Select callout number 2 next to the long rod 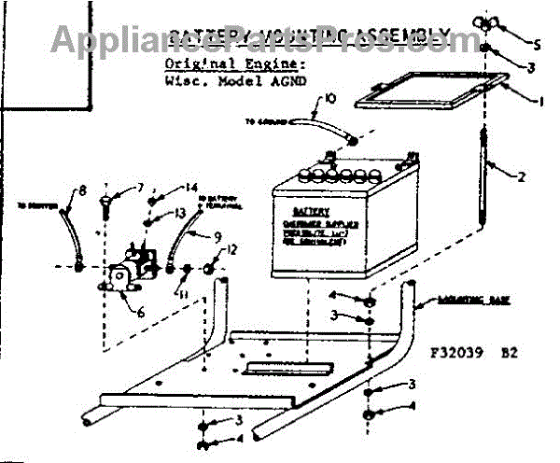[524, 175]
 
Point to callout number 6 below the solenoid [141, 312]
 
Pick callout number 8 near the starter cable [81, 191]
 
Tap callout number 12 [233, 249]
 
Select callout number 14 [191, 188]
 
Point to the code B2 [509, 354]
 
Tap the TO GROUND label [264, 121]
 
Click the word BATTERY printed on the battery [311, 212]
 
